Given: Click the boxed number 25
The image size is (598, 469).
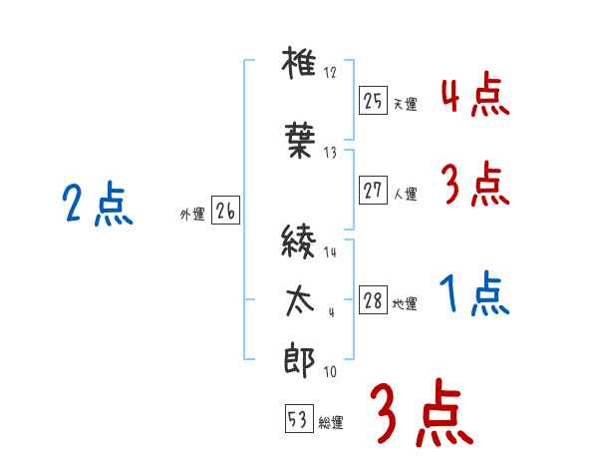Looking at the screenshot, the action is pyautogui.click(x=373, y=101).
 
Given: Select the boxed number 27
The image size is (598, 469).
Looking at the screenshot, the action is pyautogui.click(x=373, y=191).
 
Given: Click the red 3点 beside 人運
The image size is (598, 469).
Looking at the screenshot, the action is pyautogui.click(x=474, y=185).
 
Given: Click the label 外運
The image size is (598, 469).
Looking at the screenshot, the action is pyautogui.click(x=191, y=215).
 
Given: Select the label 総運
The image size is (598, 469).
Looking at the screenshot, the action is pyautogui.click(x=331, y=423).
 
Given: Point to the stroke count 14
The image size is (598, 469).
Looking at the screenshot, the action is pyautogui.click(x=330, y=252).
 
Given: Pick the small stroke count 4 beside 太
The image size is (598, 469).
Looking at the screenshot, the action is pyautogui.click(x=330, y=312).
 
